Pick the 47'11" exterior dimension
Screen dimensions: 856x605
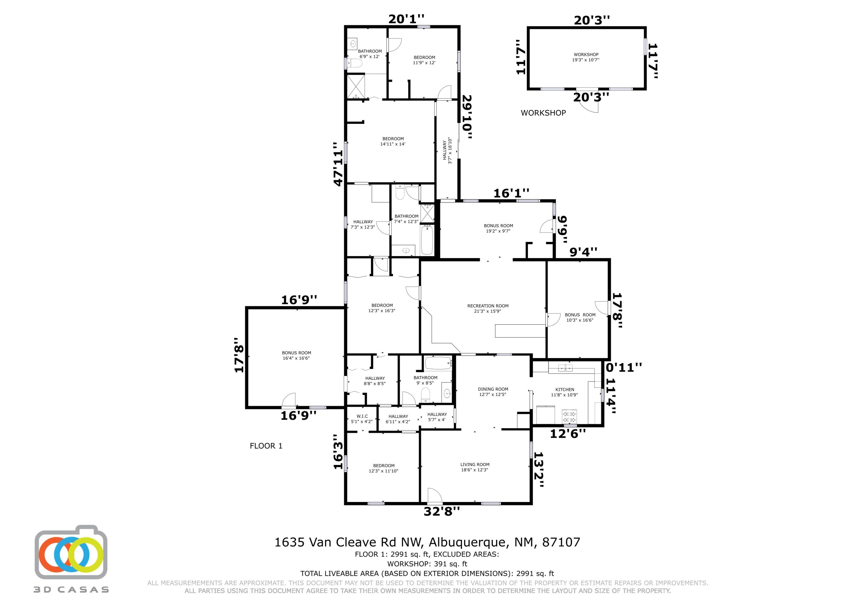tap(338, 164)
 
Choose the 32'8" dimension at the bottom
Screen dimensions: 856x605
tap(442, 511)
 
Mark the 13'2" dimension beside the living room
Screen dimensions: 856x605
tap(539, 470)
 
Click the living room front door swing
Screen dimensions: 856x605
tap(435, 495)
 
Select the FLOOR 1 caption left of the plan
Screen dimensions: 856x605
tap(266, 446)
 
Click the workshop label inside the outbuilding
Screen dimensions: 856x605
tap(586, 54)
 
